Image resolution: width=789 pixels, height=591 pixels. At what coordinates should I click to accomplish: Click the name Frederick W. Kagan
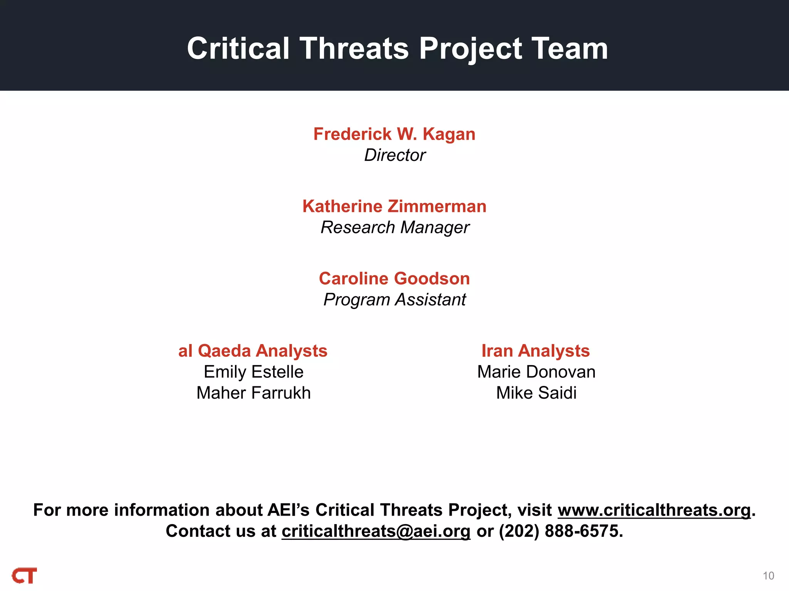pos(394,134)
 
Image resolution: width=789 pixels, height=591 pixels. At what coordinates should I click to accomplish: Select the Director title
pos(394,155)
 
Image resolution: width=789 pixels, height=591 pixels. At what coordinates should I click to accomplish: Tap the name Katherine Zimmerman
pos(394,207)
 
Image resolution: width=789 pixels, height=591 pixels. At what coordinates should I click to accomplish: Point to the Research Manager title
pos(395,227)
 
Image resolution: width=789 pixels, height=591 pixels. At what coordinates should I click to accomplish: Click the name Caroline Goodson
pos(394,279)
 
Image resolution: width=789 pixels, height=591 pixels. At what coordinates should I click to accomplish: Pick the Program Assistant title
pos(394,300)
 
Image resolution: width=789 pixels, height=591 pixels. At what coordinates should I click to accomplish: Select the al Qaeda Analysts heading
pos(253,351)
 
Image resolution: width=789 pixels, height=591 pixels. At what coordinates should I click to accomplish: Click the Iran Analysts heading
pos(536,351)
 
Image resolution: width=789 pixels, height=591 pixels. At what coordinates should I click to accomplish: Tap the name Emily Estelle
pos(253,372)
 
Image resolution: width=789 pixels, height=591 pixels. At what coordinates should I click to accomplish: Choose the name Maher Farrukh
pos(253,393)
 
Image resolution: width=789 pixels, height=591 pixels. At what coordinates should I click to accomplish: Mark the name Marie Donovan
pos(536,372)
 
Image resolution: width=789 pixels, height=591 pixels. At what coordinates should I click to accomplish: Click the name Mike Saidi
pos(536,393)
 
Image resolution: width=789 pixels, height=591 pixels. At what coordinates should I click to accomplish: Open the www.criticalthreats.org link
pos(654,510)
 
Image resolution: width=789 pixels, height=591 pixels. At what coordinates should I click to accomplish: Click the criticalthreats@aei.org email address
pos(376,531)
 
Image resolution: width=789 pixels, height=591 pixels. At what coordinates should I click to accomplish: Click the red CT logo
pos(25,576)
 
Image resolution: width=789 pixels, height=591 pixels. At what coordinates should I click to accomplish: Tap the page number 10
pos(768,576)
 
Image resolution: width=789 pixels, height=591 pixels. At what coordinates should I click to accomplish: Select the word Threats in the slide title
pos(354,49)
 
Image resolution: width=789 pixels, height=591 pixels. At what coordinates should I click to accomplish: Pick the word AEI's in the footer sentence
pos(289,510)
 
